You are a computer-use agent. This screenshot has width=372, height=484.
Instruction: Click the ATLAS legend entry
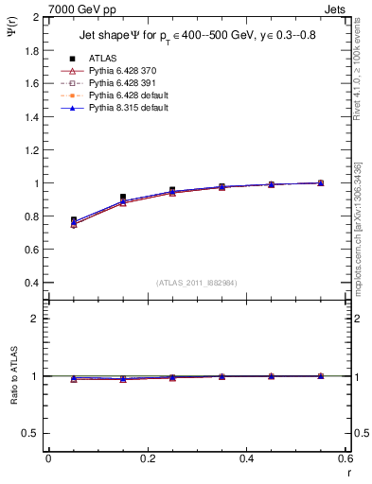pyautogui.click(x=102, y=58)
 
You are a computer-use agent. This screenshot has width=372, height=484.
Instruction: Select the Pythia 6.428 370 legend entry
pyautogui.click(x=121, y=71)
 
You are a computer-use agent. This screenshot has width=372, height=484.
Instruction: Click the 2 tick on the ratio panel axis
pyautogui.click(x=37, y=319)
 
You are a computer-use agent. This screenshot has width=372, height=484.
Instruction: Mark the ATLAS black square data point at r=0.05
pyautogui.click(x=74, y=220)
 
